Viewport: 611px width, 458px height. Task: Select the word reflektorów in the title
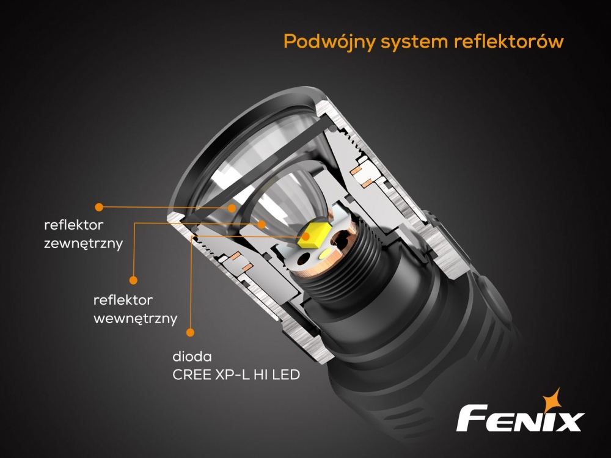[x=509, y=41]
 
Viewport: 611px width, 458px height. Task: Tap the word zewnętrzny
[x=83, y=244]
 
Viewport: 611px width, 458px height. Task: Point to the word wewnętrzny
[x=135, y=319]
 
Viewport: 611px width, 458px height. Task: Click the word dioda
[x=192, y=357]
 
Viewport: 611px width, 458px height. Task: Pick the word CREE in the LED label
[x=192, y=375]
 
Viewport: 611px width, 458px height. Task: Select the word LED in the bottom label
[x=286, y=375]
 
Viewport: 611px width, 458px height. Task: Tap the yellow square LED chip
[x=315, y=235]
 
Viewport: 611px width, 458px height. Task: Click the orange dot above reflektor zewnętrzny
[x=99, y=207]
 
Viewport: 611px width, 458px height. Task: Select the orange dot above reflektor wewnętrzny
[x=133, y=280]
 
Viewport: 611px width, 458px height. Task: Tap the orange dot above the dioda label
[x=190, y=332]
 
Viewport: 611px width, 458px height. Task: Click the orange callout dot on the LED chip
[x=306, y=236]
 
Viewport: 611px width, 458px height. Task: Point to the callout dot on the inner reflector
[x=262, y=224]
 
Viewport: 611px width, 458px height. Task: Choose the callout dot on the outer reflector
[x=232, y=208]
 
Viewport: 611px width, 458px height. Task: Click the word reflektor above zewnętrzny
[x=74, y=225]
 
